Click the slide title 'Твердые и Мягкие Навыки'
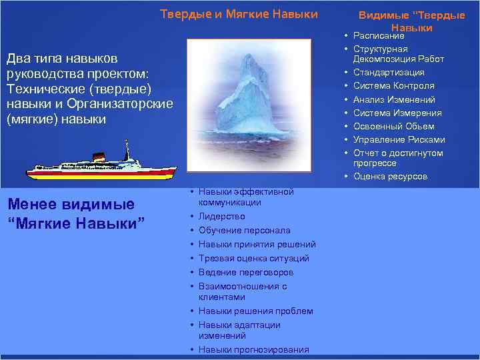point(239,14)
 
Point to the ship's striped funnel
point(99,157)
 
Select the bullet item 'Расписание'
point(379,36)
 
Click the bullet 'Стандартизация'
point(389,72)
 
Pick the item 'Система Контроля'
point(393,85)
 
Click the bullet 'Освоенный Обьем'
point(393,126)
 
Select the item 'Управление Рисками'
point(399,139)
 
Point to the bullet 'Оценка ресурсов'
point(390,176)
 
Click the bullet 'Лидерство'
point(221,216)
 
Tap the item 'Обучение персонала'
point(244,230)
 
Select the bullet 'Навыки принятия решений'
point(257,244)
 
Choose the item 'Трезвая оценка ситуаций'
point(253,258)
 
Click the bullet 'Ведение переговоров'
point(245,272)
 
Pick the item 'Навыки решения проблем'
point(255,311)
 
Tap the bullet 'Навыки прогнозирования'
point(253,349)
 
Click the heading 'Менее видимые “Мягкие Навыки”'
point(75,212)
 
